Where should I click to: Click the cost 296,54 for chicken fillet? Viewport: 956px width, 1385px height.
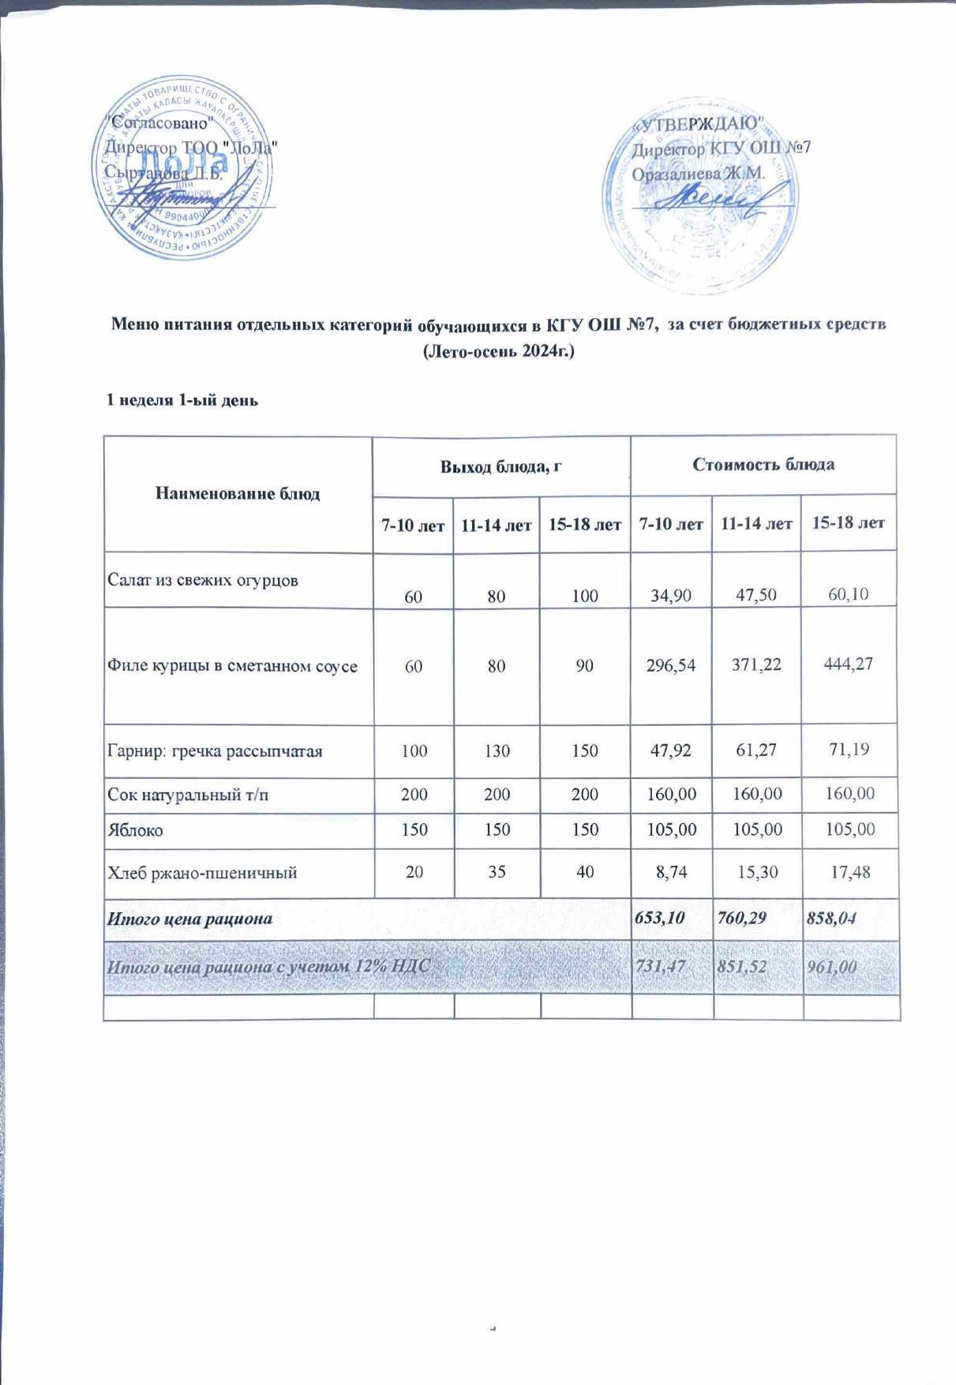click(671, 665)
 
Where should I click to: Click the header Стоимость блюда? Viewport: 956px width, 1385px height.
click(763, 464)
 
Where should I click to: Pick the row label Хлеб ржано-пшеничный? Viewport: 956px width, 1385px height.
click(202, 873)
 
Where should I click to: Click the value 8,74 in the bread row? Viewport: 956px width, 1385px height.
click(671, 874)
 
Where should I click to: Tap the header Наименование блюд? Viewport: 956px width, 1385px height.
click(238, 494)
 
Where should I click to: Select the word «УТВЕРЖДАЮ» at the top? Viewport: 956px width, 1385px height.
click(699, 124)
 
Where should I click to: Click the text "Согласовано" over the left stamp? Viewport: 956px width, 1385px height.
click(160, 122)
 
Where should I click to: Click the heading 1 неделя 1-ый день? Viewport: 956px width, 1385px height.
click(182, 400)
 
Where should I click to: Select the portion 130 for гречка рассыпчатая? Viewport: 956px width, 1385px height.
click(497, 751)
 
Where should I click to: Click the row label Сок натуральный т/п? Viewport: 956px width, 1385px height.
click(188, 795)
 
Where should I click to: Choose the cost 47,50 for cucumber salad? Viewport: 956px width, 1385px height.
click(755, 595)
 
